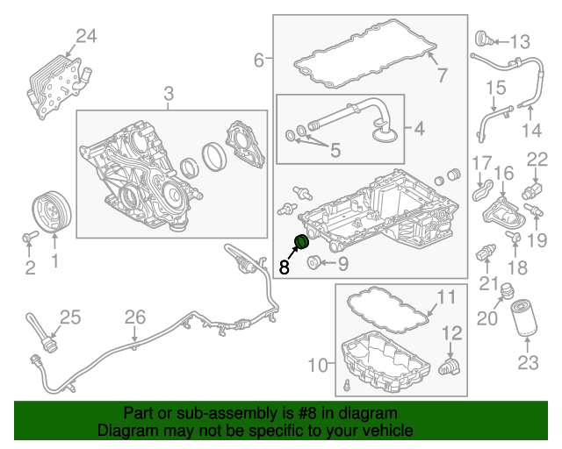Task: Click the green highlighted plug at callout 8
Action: tap(302, 242)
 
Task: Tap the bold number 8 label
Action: tap(284, 267)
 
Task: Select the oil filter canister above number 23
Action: tap(523, 318)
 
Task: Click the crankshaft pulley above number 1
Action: tap(52, 212)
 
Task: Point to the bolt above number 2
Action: tap(30, 236)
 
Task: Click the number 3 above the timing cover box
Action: tap(169, 94)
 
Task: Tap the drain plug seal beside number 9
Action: tap(313, 262)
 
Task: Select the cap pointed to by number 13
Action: tap(484, 39)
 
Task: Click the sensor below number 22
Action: tap(532, 190)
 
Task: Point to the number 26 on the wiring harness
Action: tap(135, 317)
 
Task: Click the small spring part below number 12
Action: tap(450, 367)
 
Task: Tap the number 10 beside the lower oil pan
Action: tap(318, 365)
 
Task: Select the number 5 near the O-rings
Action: tap(335, 150)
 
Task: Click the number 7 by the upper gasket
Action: tap(443, 75)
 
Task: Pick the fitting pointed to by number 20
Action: tap(507, 290)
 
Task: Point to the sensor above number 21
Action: tap(486, 253)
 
